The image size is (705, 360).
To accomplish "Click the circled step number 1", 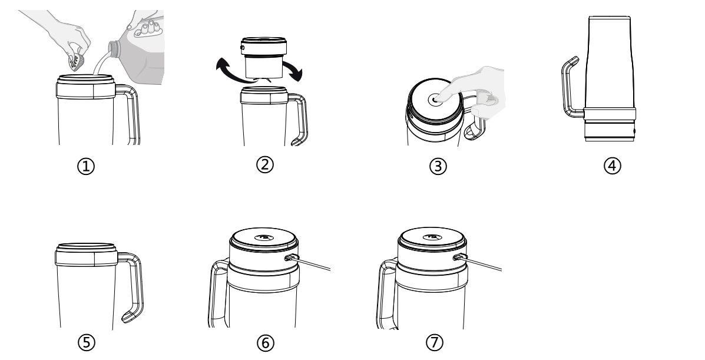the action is [x=86, y=167].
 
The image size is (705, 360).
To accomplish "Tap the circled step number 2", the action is [x=265, y=164].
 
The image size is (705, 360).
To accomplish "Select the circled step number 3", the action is [x=438, y=166].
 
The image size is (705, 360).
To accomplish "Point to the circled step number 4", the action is [x=612, y=165].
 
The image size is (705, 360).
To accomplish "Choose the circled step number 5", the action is [x=87, y=342].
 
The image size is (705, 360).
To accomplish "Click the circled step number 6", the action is [x=265, y=344].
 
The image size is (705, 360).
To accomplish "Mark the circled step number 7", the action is [x=434, y=342].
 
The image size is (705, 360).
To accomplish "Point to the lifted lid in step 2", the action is [x=264, y=58].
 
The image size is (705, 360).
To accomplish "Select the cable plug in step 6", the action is [x=292, y=258].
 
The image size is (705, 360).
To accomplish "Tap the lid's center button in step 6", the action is [x=263, y=237].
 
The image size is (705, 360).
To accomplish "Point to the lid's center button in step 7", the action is [x=432, y=237].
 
